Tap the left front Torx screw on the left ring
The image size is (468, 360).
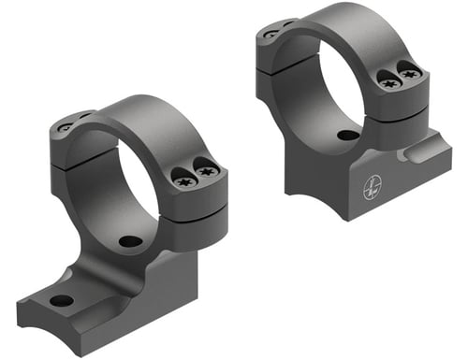(185, 180)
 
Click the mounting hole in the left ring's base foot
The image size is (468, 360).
(62, 300)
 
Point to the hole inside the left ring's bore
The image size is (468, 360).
(131, 242)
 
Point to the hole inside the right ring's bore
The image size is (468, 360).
(347, 136)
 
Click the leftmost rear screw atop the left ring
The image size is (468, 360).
(66, 126)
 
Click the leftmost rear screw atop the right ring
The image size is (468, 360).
(271, 35)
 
